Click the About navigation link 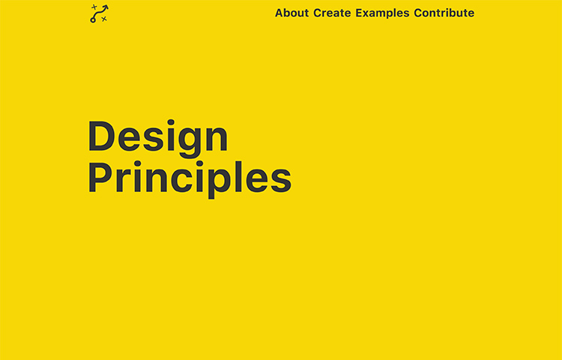click(291, 13)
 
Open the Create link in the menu click(332, 13)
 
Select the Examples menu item click(382, 13)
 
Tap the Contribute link click(444, 13)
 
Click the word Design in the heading click(158, 137)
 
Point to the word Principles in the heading click(190, 178)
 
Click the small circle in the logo click(93, 19)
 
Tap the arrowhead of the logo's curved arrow click(106, 7)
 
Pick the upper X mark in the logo click(94, 7)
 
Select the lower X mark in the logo click(103, 19)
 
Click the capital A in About click(280, 13)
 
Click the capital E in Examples click(359, 13)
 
